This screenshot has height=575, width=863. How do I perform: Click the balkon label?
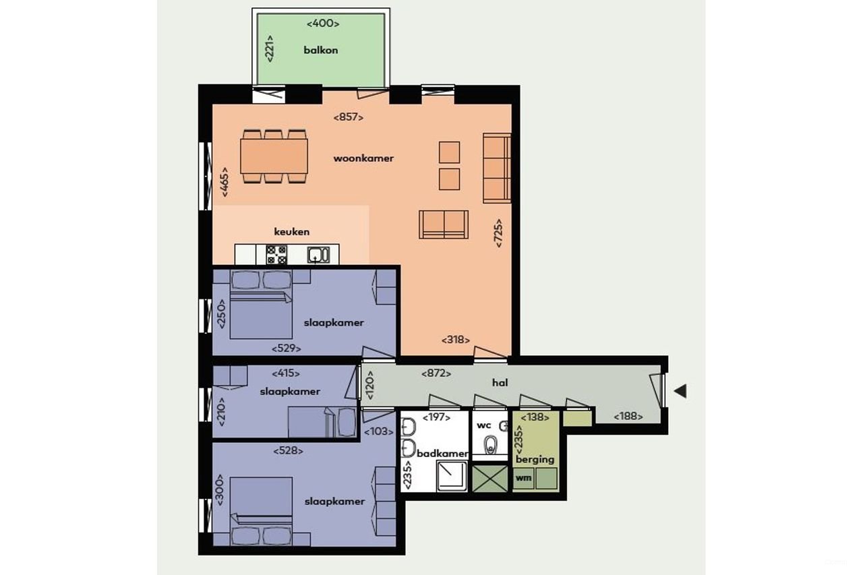coord(320,50)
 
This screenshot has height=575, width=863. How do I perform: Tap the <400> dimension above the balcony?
coord(322,24)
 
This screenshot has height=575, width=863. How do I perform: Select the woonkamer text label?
coord(363,158)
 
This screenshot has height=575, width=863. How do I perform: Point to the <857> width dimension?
coord(349,117)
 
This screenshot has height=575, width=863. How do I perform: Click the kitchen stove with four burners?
coord(276,254)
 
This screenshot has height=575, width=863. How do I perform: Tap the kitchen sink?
coord(317,255)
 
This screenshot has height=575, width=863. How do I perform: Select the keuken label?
coord(292,232)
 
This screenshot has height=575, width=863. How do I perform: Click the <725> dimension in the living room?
coord(499,233)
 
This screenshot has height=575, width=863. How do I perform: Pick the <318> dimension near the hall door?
coord(456,340)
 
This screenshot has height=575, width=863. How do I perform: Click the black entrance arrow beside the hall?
coord(680,391)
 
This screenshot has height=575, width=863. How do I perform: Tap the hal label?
coord(499,383)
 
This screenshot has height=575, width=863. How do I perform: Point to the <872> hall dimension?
coord(436,373)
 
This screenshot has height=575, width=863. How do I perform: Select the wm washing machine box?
coord(523,478)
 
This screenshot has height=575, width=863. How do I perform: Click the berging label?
coord(535,459)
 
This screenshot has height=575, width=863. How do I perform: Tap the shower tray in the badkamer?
coord(452,475)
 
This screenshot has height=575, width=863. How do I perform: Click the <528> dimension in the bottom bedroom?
coord(288,450)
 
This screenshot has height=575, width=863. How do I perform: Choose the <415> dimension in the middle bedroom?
coord(286,373)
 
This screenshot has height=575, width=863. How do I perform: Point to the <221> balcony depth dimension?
coord(269,48)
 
